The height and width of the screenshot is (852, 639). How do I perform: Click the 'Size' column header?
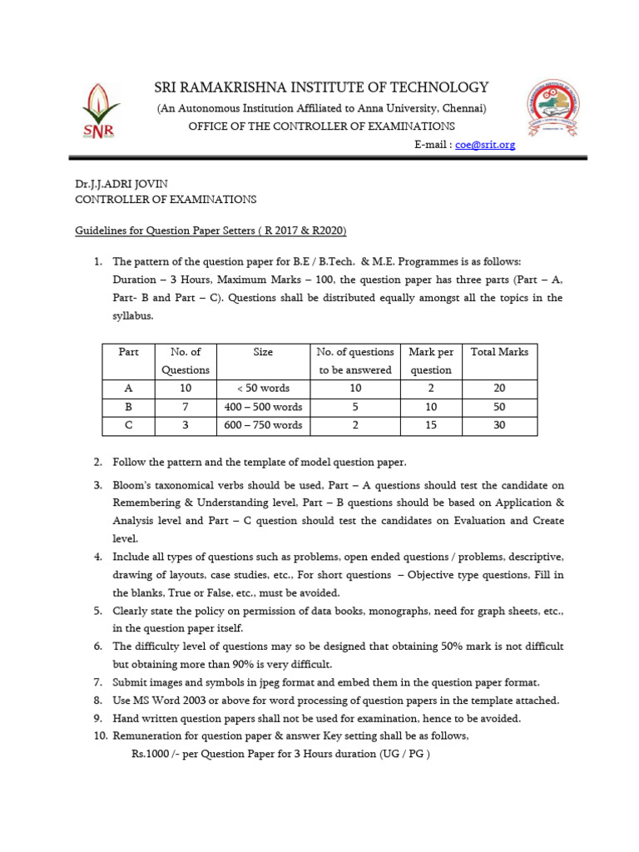(263, 352)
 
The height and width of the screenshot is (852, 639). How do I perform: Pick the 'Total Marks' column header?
(499, 352)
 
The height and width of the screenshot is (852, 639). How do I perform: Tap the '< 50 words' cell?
(263, 389)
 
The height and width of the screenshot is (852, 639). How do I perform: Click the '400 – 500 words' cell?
(263, 407)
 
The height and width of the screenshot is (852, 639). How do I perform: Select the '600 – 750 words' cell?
(263, 425)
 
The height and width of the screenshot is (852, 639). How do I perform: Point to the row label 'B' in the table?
(129, 407)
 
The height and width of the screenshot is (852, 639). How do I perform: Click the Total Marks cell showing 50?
(499, 407)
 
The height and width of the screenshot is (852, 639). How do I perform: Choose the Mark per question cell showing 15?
(431, 425)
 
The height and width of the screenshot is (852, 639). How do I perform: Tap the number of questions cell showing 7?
(186, 407)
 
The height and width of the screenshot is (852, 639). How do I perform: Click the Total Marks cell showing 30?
(499, 425)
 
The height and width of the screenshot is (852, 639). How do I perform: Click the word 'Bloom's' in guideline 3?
(133, 485)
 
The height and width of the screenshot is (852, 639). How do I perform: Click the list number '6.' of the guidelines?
(97, 646)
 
